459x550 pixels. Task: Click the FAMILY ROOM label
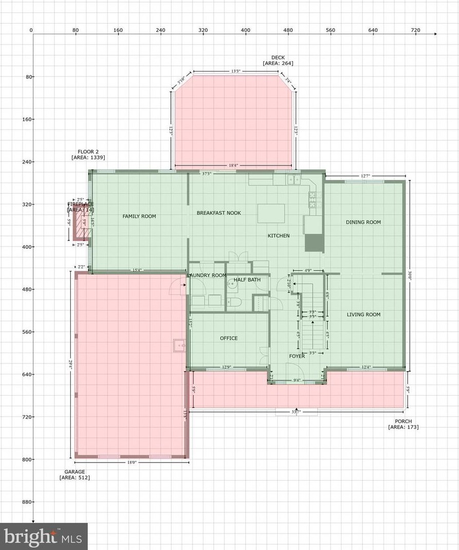click(x=139, y=216)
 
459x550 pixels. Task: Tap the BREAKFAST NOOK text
click(x=219, y=213)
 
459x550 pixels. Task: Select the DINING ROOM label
click(x=363, y=222)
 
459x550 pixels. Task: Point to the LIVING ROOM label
click(x=363, y=315)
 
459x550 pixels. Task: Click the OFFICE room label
click(x=228, y=338)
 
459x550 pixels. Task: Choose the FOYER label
click(x=297, y=356)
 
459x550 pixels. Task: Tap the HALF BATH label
click(x=247, y=280)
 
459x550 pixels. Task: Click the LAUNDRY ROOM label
click(x=207, y=276)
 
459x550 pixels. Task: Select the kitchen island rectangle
click(x=271, y=213)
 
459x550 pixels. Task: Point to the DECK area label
click(x=278, y=61)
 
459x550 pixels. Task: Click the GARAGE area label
click(x=74, y=474)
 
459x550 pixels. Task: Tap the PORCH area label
click(x=403, y=424)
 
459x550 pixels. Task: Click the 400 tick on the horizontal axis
click(x=245, y=30)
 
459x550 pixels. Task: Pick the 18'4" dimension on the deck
click(x=233, y=166)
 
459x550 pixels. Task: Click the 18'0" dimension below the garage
click(x=132, y=463)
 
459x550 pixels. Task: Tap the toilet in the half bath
click(x=233, y=301)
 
